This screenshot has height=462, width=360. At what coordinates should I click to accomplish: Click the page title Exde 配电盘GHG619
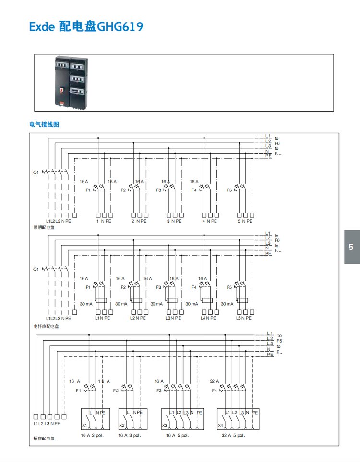(86, 26)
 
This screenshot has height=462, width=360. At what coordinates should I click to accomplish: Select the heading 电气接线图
(44, 124)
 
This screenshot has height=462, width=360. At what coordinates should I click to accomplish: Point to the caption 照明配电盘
(44, 227)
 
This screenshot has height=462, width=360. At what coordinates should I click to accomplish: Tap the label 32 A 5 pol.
(233, 435)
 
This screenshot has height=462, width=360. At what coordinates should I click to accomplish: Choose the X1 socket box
(96, 418)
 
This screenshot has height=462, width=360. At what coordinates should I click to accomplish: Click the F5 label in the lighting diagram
(229, 190)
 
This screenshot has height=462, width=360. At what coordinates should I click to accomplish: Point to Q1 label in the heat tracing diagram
(36, 270)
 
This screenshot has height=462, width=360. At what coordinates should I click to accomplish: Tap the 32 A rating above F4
(214, 381)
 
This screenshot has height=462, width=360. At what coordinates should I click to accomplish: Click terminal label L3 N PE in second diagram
(173, 318)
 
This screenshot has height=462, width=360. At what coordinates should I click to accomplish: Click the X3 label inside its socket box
(165, 425)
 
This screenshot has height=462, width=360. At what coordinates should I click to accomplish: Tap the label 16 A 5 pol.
(178, 435)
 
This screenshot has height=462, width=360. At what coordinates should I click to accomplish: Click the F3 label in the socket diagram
(159, 391)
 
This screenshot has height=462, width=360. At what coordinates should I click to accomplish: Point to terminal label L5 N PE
(244, 318)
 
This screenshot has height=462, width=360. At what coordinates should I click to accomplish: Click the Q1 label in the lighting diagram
(36, 172)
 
